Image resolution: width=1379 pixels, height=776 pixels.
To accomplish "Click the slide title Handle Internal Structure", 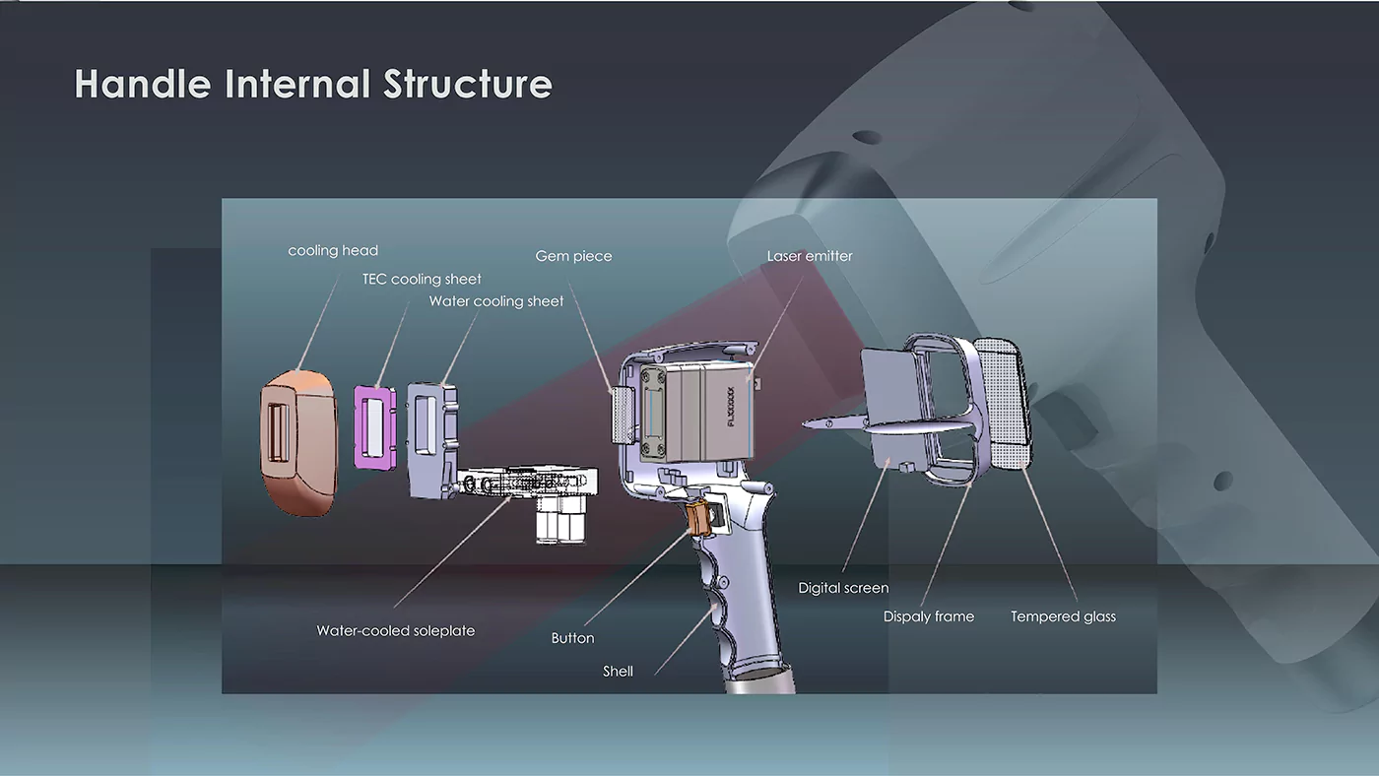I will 313,84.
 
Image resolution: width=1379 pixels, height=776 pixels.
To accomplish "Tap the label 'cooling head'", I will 333,251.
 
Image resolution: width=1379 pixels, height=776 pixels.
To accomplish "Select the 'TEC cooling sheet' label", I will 422,280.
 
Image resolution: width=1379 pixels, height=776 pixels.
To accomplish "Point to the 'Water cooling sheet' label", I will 496,301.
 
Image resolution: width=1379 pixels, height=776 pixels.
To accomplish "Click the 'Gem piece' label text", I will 573,256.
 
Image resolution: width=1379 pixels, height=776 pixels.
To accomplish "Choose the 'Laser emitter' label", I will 810,256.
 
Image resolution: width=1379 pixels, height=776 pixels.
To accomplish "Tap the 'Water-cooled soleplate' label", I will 395,630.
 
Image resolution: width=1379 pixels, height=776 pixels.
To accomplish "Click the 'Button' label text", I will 572,638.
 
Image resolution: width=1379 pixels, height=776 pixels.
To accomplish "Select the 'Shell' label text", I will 618,672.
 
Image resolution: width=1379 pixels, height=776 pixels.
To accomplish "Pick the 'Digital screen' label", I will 843,588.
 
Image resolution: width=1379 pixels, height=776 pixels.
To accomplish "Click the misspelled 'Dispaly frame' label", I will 928,616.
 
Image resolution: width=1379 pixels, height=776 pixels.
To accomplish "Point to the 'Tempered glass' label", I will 1063,616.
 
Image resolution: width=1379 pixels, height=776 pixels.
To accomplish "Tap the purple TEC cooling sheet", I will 374,425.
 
